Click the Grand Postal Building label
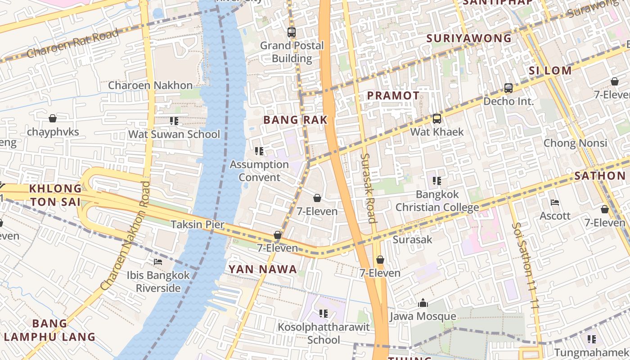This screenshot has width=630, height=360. [292, 52]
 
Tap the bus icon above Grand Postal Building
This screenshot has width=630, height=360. [292, 32]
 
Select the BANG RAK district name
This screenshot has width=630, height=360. [295, 120]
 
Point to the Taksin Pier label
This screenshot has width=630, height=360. [197, 224]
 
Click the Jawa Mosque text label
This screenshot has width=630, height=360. [423, 316]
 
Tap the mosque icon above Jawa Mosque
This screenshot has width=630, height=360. [423, 303]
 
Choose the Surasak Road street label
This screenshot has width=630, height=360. [368, 188]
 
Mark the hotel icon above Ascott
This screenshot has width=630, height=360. [555, 202]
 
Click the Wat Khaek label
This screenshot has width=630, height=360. [436, 132]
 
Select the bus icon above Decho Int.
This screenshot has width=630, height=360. [508, 88]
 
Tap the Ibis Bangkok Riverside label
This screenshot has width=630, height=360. [158, 281]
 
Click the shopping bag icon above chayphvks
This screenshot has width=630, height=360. [53, 118]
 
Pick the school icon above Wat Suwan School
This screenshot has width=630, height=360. [174, 121]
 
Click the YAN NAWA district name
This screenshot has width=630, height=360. [263, 270]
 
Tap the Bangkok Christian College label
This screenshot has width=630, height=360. [437, 201]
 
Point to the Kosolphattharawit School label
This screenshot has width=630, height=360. [324, 333]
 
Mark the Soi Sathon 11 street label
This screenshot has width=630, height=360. [525, 265]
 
